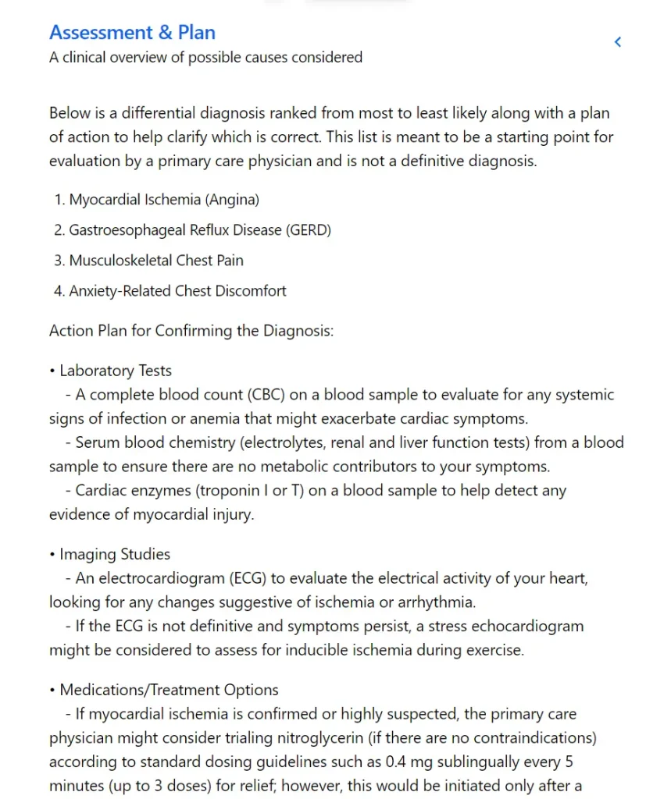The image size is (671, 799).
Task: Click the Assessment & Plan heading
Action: (x=132, y=33)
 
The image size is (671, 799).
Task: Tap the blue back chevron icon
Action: (x=618, y=42)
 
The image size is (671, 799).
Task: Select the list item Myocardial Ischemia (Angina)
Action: (x=164, y=200)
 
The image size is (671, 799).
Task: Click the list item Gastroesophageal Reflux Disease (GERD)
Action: (x=200, y=230)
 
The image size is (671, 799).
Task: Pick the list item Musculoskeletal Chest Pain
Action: (x=156, y=261)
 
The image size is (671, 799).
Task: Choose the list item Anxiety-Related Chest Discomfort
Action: (x=177, y=291)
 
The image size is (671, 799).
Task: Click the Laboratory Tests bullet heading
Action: (x=116, y=371)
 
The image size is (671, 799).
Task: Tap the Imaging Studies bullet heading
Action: (x=115, y=555)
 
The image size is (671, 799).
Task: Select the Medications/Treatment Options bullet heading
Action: (x=169, y=691)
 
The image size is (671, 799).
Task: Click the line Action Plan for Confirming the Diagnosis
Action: (x=191, y=330)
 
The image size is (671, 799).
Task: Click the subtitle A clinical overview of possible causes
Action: (x=205, y=57)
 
